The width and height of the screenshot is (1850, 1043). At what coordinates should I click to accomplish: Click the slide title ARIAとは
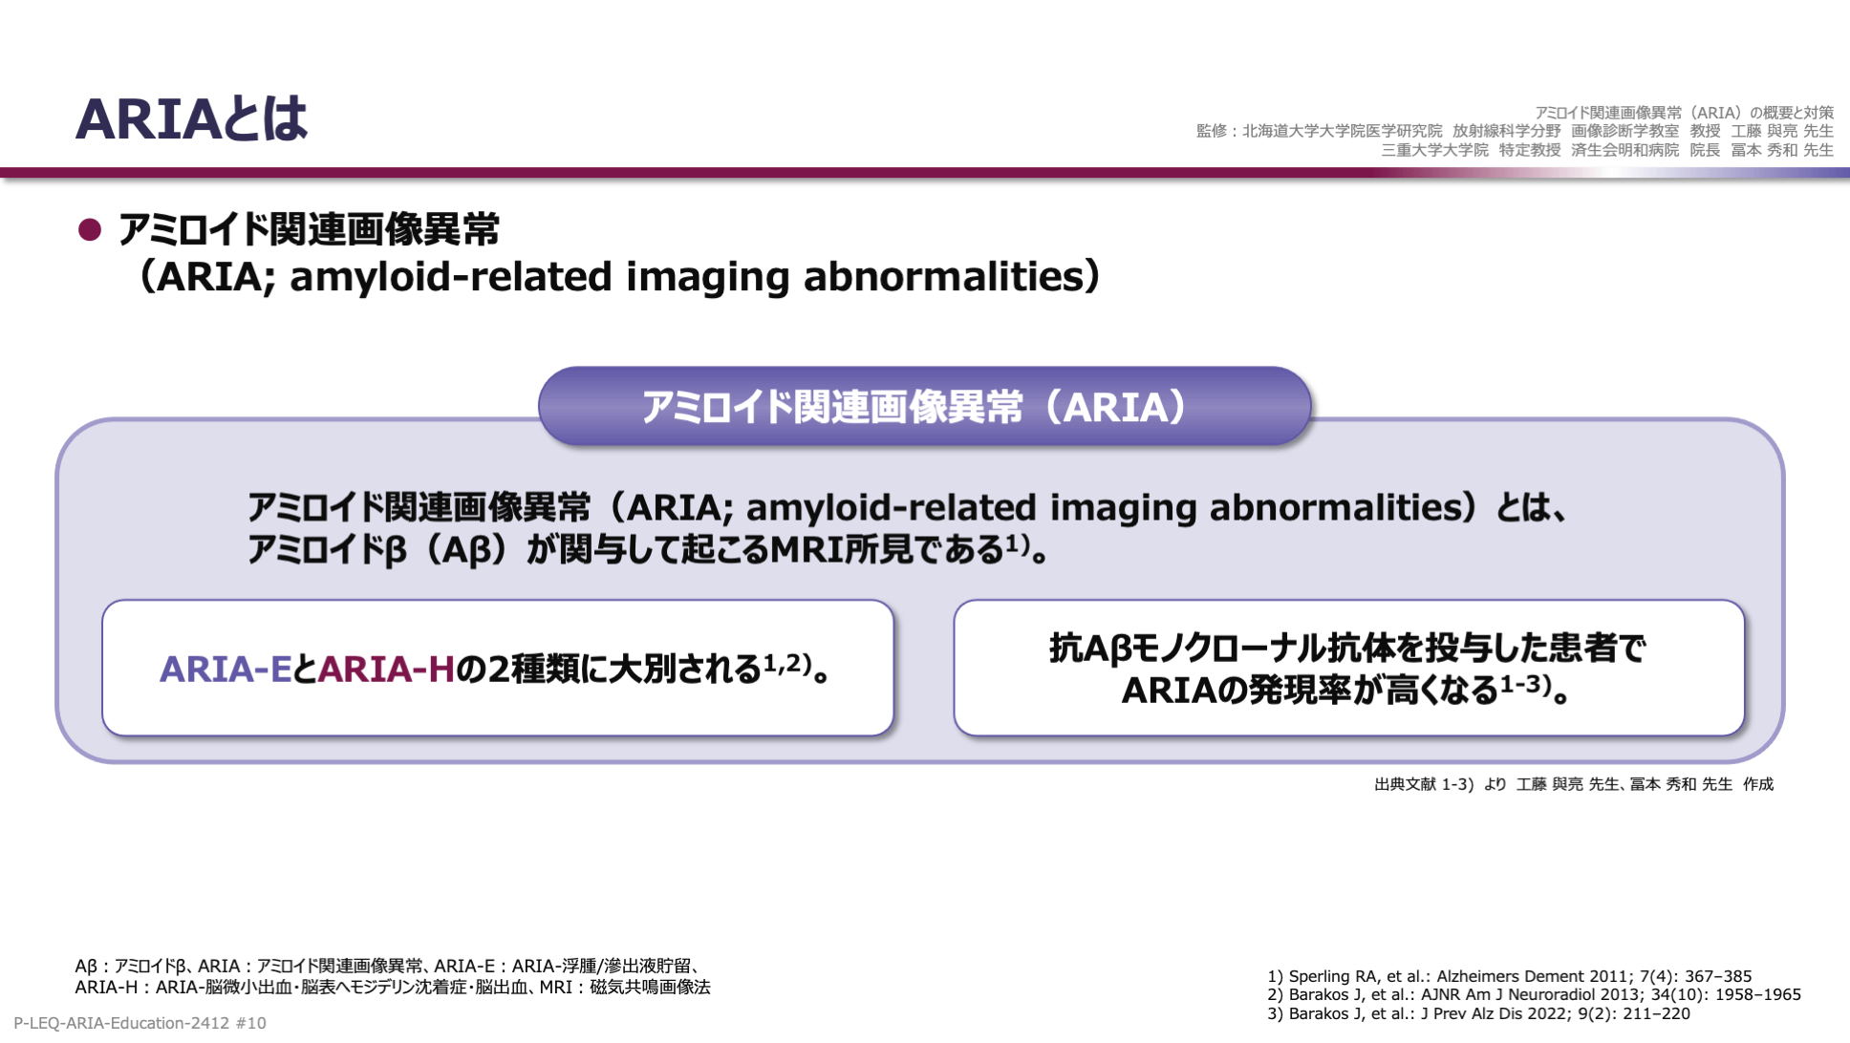point(191,119)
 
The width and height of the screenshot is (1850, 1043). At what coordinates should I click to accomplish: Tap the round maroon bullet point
point(90,230)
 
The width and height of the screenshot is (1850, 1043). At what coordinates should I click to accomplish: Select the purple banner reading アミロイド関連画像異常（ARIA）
point(924,407)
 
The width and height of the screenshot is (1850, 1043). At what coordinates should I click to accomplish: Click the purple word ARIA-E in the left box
point(226,669)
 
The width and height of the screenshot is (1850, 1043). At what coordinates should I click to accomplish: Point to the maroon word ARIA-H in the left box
point(386,669)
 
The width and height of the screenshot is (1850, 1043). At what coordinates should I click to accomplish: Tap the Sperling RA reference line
point(1510,976)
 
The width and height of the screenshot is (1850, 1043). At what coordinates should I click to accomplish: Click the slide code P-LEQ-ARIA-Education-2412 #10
point(140,1023)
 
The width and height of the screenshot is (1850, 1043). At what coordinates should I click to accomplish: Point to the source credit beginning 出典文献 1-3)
point(1574,784)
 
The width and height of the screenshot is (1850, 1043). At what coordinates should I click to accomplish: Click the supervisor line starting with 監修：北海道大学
point(1515,131)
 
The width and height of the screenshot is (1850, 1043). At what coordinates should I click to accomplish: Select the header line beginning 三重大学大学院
point(1607,150)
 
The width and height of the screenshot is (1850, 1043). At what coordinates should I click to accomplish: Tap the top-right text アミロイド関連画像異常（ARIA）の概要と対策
point(1684,113)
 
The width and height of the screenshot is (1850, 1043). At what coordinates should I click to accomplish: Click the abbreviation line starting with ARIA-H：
point(393,987)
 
